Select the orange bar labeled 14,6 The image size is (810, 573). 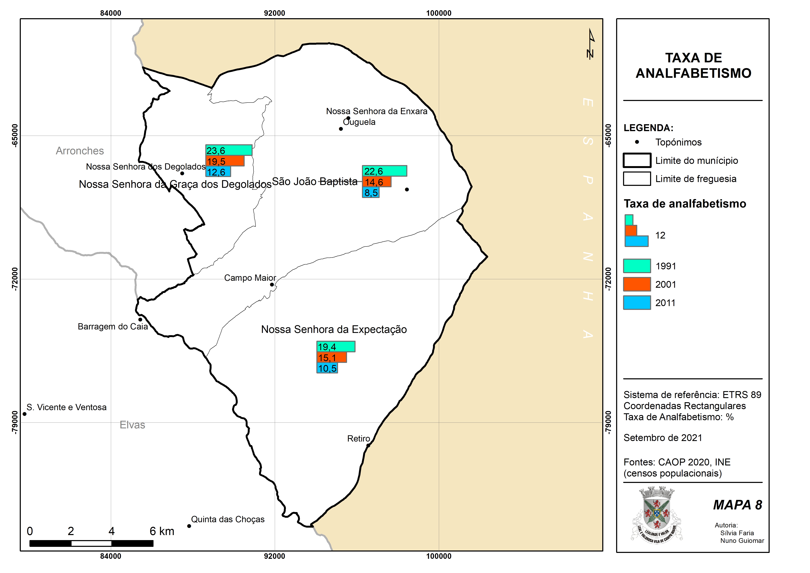click(x=377, y=182)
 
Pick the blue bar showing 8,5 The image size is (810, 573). click(x=371, y=192)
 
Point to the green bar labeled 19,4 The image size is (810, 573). click(x=336, y=346)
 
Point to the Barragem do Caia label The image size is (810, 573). click(x=113, y=326)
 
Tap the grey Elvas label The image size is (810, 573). click(x=132, y=425)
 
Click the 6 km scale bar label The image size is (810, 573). click(x=162, y=531)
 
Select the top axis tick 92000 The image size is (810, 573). click(x=275, y=13)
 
